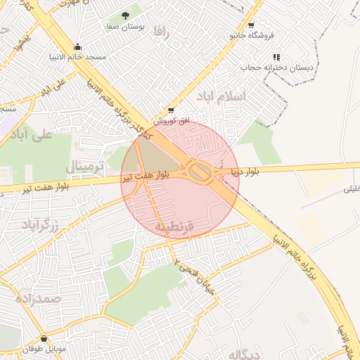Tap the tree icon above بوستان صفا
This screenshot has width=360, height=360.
pyautogui.click(x=125, y=15)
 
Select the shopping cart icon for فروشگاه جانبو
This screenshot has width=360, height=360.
pyautogui.click(x=252, y=23)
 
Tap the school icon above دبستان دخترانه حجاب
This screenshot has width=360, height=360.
pyautogui.click(x=276, y=56)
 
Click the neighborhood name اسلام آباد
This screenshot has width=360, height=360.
pyautogui.click(x=221, y=96)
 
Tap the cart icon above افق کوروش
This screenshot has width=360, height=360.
pyautogui.click(x=171, y=110)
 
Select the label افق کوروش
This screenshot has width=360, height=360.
pyautogui.click(x=172, y=121)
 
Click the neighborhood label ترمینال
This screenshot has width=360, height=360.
pyautogui.click(x=84, y=167)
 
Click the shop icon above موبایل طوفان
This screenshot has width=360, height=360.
pyautogui.click(x=44, y=338)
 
